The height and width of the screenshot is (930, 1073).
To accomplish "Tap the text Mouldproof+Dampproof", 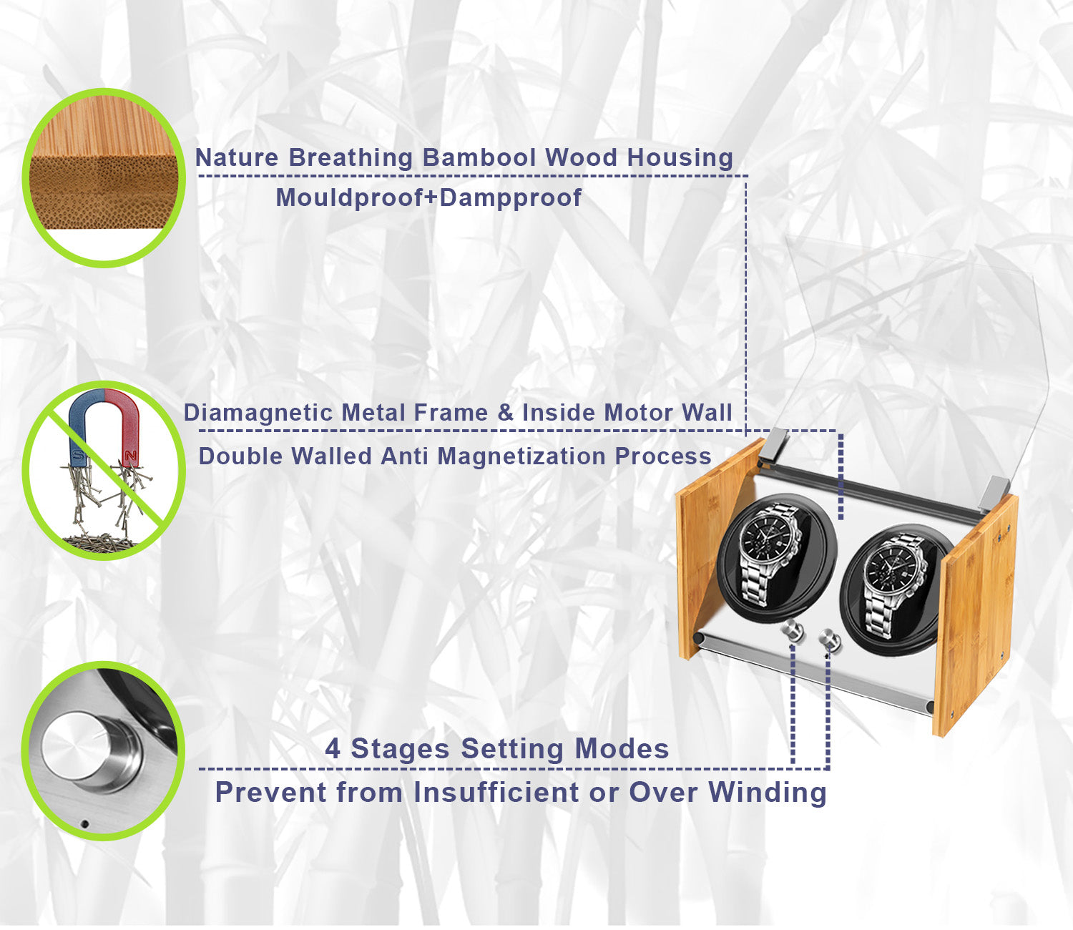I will (x=428, y=197).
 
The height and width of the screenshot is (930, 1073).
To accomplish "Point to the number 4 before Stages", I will (x=333, y=749).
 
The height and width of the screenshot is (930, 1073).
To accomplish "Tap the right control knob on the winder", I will (x=830, y=638).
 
